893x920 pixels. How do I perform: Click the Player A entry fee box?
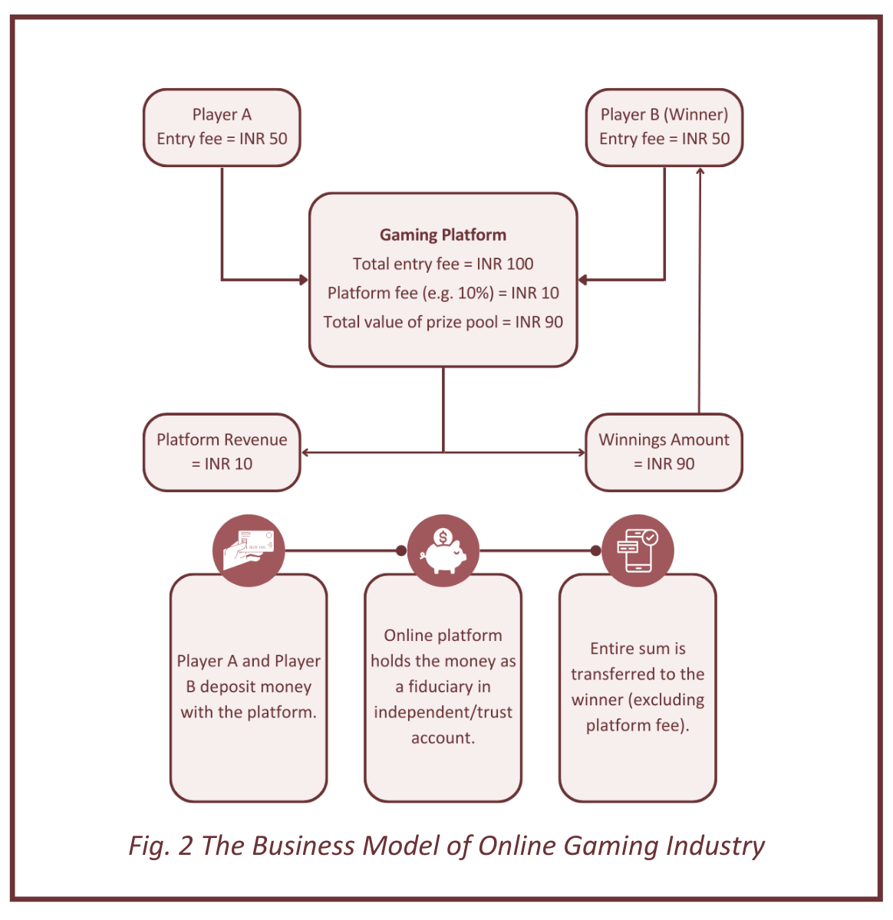click(222, 127)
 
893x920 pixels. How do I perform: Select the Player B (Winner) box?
click(664, 127)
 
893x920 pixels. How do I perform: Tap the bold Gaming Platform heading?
click(443, 235)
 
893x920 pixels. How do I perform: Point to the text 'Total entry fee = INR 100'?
click(443, 264)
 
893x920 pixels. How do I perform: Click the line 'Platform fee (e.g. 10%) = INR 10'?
click(443, 293)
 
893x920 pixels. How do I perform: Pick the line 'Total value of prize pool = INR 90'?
click(443, 322)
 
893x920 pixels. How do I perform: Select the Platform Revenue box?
click(222, 452)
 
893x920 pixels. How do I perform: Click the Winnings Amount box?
click(664, 452)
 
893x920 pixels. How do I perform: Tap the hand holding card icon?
click(248, 550)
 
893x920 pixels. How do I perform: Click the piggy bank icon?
click(443, 550)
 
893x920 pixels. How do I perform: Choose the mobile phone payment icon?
click(638, 550)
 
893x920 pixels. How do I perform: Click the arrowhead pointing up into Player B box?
click(700, 171)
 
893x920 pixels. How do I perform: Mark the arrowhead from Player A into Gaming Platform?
click(304, 280)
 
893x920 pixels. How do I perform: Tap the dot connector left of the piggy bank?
click(401, 550)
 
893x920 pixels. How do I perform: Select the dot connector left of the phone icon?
click(596, 550)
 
